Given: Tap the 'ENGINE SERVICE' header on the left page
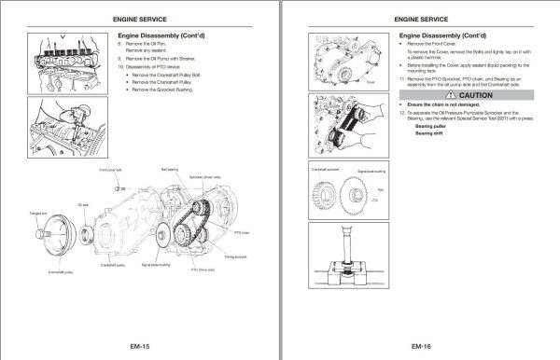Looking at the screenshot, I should pyautogui.click(x=140, y=18).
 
